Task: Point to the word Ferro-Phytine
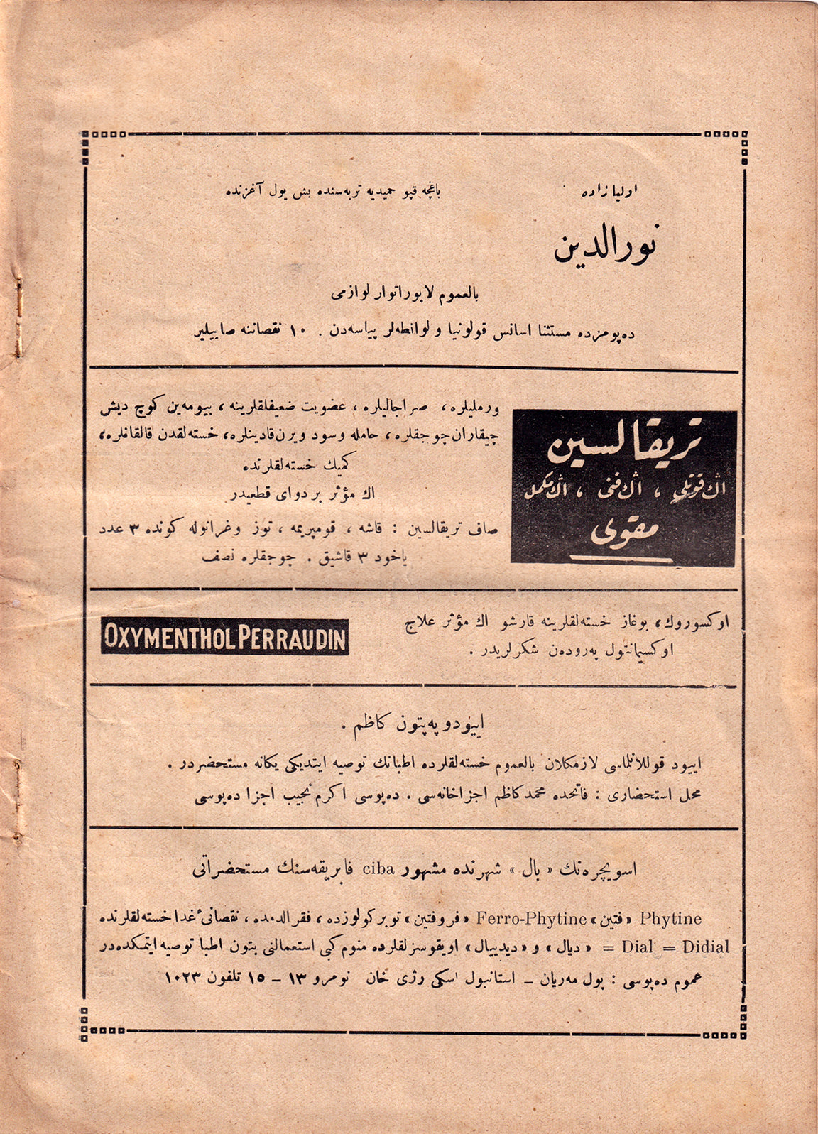[x=532, y=919]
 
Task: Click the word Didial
[x=706, y=947]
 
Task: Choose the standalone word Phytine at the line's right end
[x=670, y=919]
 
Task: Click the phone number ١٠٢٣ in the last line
[x=186, y=977]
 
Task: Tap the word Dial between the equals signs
[x=637, y=947]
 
